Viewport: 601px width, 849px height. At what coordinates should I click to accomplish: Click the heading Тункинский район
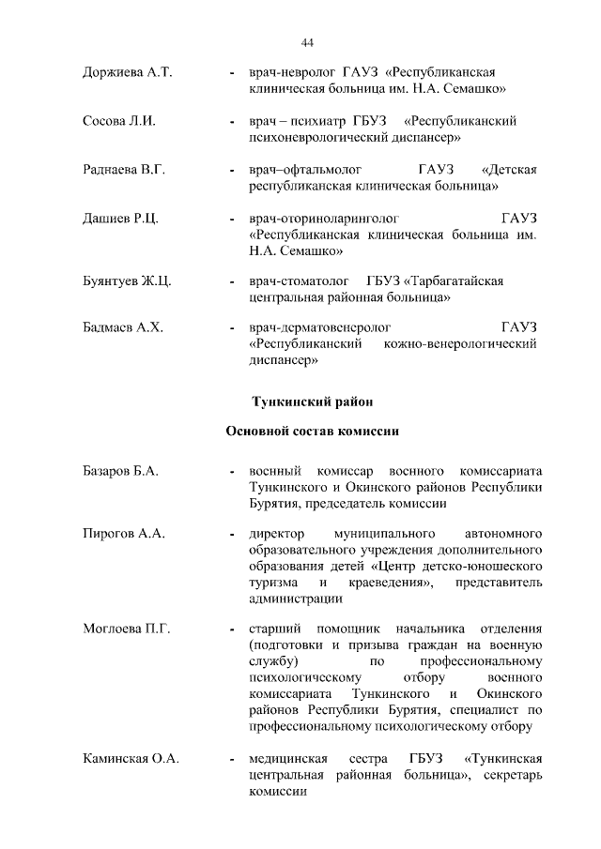pyautogui.click(x=313, y=402)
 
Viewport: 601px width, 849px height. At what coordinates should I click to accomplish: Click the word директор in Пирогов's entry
pyautogui.click(x=279, y=534)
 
